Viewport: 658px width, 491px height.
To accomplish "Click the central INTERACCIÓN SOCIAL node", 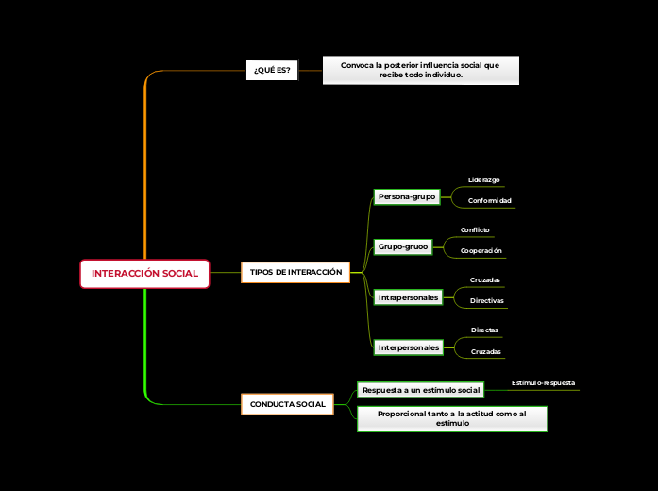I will [x=144, y=273].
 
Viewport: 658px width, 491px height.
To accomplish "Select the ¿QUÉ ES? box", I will [x=272, y=71].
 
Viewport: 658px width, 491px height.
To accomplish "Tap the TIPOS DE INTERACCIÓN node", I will [x=295, y=272].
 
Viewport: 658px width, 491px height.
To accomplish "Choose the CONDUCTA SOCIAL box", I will [x=287, y=404].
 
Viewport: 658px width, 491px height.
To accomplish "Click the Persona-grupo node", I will [x=406, y=196].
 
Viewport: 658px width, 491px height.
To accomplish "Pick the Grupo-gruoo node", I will [x=403, y=246].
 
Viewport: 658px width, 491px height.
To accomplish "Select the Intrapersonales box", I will [x=408, y=297].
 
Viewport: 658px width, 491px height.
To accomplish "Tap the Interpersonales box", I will [x=408, y=347].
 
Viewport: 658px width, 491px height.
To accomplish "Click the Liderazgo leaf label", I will [x=483, y=179].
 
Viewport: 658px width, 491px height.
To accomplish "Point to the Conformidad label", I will [x=489, y=201].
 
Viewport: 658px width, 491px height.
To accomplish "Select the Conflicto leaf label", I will [x=475, y=229].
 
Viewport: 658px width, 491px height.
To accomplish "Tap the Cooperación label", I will [x=481, y=251].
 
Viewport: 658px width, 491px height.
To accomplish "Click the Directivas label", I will [x=486, y=301].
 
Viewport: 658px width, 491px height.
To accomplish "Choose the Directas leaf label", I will [x=484, y=330].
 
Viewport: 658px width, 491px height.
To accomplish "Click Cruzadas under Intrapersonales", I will [x=485, y=279].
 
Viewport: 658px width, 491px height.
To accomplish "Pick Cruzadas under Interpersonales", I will [x=485, y=352].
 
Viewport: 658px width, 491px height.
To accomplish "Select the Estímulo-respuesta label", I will [x=543, y=383].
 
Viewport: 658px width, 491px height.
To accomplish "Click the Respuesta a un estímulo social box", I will [x=421, y=390].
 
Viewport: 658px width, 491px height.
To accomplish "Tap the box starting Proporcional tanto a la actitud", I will [x=452, y=418].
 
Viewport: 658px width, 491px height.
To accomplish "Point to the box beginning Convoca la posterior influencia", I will [x=420, y=70].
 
